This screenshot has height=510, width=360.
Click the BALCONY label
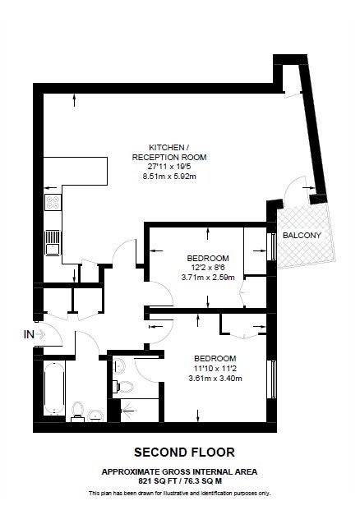(302, 235)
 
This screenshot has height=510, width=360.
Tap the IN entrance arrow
(40, 334)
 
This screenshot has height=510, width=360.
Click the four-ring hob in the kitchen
(53, 202)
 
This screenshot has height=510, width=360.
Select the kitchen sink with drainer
(53, 242)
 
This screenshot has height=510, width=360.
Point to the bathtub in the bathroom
(54, 388)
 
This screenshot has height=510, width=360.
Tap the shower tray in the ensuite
(140, 411)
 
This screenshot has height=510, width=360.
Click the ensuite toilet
(123, 387)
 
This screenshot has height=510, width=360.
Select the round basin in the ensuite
(119, 365)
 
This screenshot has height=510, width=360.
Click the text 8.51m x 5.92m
(169, 177)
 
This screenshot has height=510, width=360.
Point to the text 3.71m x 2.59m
(208, 278)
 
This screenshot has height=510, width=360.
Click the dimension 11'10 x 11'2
(215, 369)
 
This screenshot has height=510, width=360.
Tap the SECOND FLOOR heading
(184, 453)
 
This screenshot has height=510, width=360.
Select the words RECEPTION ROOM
(169, 157)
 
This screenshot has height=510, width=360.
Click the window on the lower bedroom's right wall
(273, 379)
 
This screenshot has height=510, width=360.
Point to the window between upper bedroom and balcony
(273, 246)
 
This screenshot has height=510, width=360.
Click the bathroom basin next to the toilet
(95, 415)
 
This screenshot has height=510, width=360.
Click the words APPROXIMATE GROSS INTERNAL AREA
(180, 471)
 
